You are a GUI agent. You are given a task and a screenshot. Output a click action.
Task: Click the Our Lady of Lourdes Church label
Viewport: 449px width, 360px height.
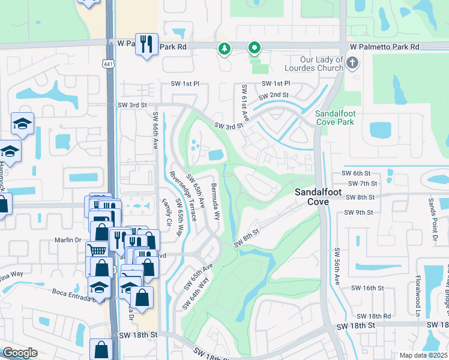click(321, 64)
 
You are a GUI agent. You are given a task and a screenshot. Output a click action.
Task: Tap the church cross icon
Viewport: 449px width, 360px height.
click(352, 61)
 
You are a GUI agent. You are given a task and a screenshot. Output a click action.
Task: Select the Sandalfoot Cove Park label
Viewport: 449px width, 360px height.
click(335, 117)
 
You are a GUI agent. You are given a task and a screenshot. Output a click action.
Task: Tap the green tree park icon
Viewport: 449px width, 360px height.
click(224, 48)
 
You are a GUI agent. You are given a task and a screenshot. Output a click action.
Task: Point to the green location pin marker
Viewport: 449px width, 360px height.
click(255, 48)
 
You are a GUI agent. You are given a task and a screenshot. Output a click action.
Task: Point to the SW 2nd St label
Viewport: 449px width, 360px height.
click(273, 95)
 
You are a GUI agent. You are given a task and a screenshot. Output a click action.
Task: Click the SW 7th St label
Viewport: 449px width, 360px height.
click(360, 184)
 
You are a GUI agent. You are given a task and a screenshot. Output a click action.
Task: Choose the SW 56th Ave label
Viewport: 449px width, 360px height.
click(336, 266)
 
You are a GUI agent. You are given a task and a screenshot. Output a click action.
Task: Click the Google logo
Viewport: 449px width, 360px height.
click(20, 353)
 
